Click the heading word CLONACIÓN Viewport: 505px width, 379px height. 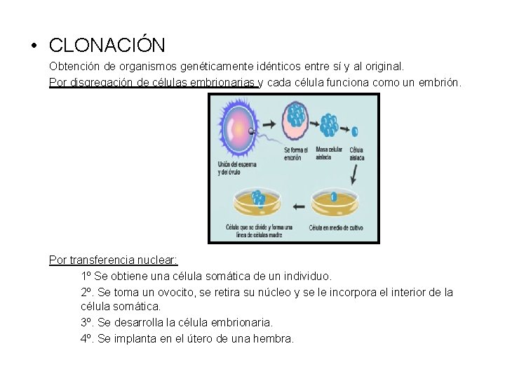(x=107, y=46)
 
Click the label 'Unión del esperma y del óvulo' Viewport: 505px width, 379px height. (x=236, y=168)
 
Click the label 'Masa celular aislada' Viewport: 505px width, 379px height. (x=330, y=154)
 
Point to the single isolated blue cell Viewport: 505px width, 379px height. (x=354, y=131)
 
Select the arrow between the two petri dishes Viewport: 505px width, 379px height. (x=298, y=206)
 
